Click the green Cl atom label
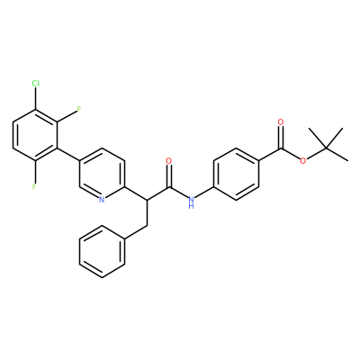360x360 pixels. click(x=35, y=84)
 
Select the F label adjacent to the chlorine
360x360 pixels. click(x=79, y=109)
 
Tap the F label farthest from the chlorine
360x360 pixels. click(x=34, y=186)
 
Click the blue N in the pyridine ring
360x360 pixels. click(x=102, y=199)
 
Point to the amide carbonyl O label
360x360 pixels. click(x=169, y=161)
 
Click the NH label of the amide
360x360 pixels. click(x=191, y=202)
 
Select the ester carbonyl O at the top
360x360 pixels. click(x=281, y=122)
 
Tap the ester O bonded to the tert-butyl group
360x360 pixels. click(x=303, y=161)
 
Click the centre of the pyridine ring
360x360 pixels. click(x=102, y=174)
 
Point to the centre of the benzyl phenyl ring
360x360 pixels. click(x=102, y=251)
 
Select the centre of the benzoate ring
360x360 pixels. click(x=236, y=174)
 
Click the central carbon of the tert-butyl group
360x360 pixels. click(x=326, y=148)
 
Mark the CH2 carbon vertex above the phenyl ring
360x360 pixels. click(x=147, y=226)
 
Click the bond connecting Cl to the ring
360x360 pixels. click(x=35, y=99)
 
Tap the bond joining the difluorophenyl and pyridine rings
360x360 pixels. click(x=68, y=155)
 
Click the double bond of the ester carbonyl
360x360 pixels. click(x=281, y=138)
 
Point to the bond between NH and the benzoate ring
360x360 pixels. click(x=204, y=193)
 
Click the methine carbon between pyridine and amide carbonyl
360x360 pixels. click(x=147, y=200)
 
